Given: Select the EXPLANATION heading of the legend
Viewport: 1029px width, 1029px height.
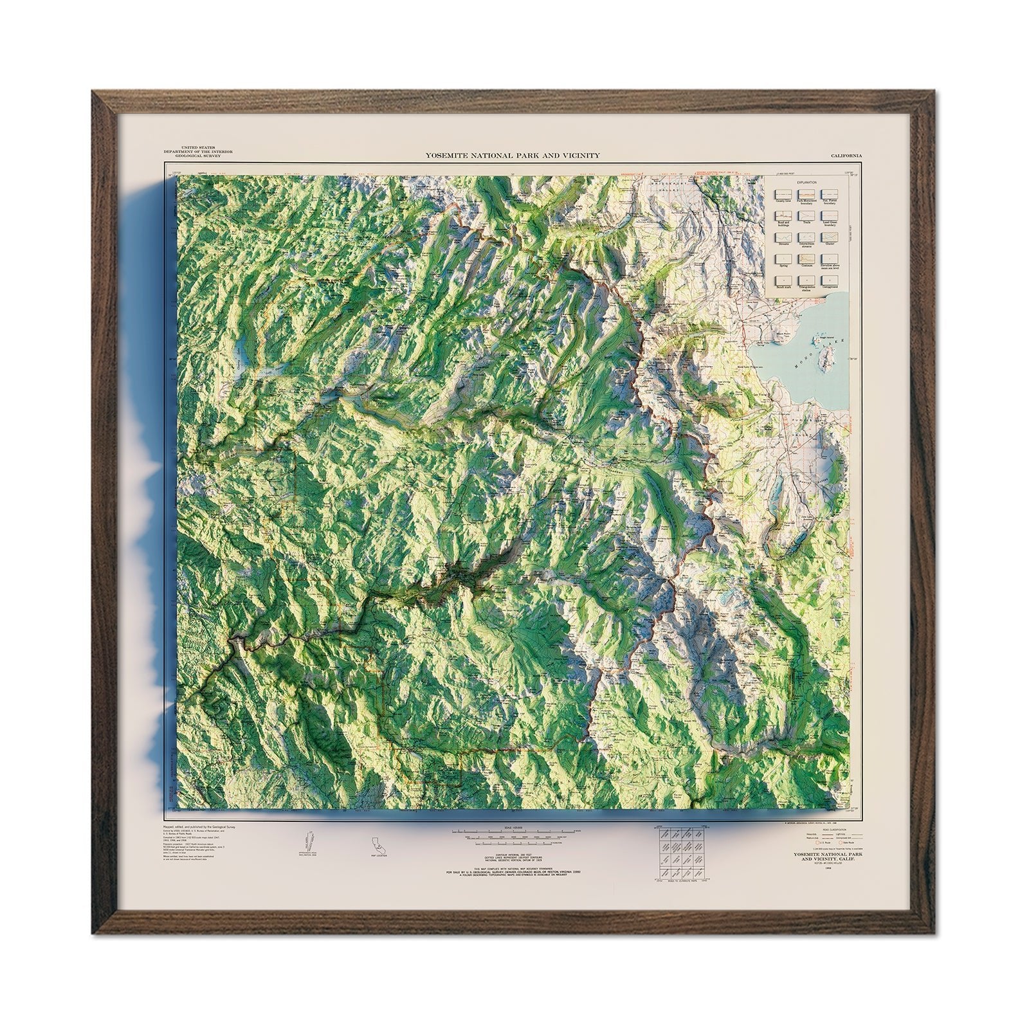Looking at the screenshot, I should (806, 183).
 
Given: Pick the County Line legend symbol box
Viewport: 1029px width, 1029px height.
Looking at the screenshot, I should (783, 194).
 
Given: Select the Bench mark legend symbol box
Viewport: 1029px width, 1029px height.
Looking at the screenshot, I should (783, 280).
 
